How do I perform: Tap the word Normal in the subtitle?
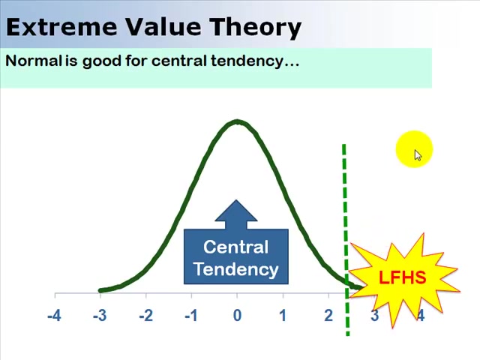tap(33, 61)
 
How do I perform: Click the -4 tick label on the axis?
tap(54, 316)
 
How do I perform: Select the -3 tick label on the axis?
tap(100, 316)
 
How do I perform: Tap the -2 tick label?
tap(145, 316)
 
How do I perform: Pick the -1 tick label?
tap(191, 316)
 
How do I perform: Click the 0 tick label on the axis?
tap(237, 316)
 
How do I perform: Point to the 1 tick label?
tap(283, 316)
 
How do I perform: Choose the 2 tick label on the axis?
tap(328, 316)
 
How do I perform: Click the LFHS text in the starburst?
tap(402, 278)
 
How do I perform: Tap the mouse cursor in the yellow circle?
tap(417, 154)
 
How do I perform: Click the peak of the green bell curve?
tap(237, 121)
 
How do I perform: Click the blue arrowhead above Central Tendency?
tap(236, 212)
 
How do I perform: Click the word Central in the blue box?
tap(235, 247)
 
